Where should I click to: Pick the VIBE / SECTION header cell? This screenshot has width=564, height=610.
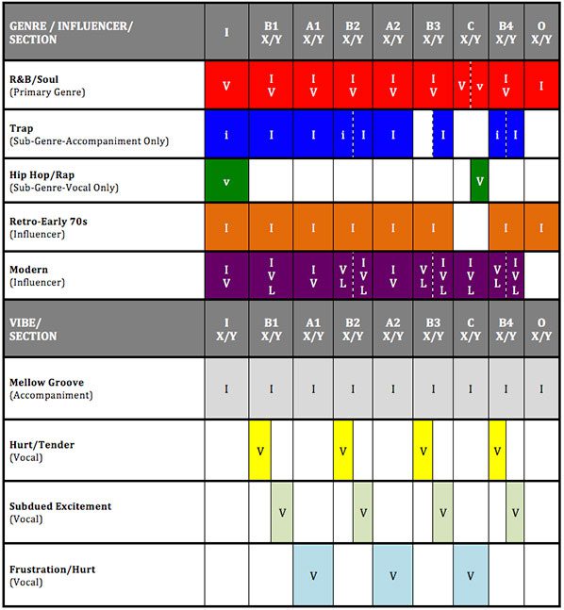33,329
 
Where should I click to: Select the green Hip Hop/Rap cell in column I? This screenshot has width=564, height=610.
226,180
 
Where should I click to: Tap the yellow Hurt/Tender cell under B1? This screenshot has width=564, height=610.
260,450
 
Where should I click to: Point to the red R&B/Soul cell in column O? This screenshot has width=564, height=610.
541,85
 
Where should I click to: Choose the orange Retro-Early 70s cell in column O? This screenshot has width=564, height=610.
541,227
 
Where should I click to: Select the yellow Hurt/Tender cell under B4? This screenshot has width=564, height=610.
497,450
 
